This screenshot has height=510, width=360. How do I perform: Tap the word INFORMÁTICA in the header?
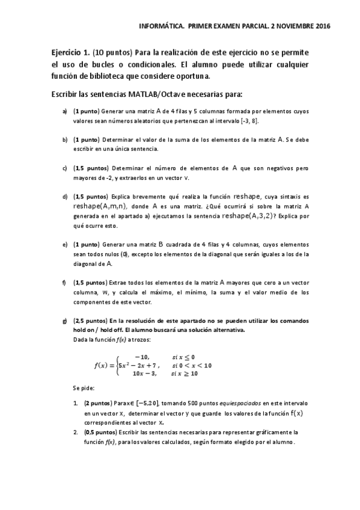coord(161,26)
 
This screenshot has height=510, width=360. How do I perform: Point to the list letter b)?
coord(64,139)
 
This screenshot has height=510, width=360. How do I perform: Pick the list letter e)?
coord(64,244)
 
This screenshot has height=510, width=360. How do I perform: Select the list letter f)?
coord(64,282)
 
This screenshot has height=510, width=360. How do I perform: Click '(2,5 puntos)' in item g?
coord(90,321)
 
